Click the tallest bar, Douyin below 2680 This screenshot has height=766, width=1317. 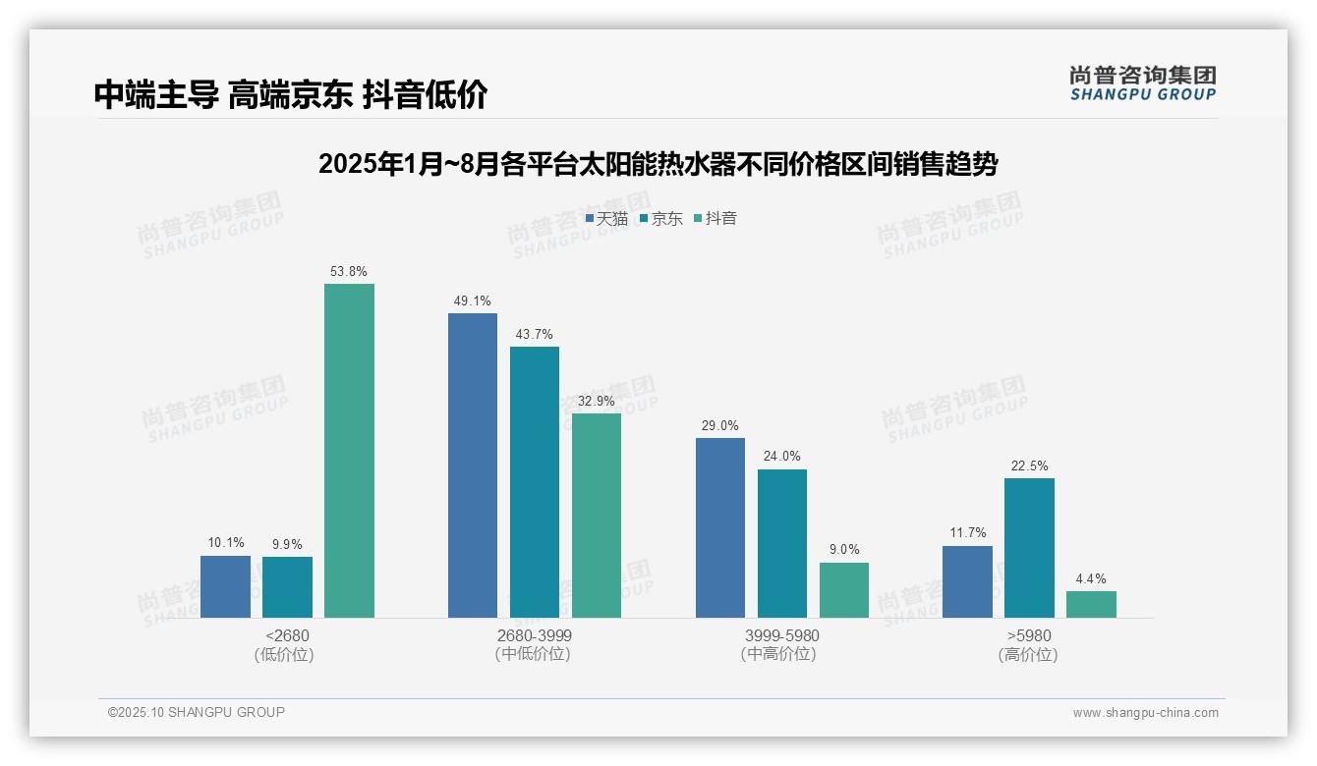[x=349, y=451]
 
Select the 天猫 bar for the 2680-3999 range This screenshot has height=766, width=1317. [x=473, y=465]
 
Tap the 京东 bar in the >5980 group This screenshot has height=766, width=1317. [x=1029, y=548]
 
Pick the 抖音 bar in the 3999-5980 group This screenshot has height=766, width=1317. [x=844, y=590]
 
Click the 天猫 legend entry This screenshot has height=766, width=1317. [x=606, y=219]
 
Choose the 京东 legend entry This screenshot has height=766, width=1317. [x=661, y=219]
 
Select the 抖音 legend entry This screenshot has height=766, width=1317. [x=716, y=219]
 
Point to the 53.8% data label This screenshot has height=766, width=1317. [x=350, y=272]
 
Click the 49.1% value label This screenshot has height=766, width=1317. [x=473, y=301]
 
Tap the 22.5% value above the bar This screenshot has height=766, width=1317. [x=1029, y=466]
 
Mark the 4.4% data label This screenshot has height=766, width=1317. [x=1091, y=579]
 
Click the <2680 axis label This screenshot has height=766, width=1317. [x=287, y=636]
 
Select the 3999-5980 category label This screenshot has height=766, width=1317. [x=781, y=636]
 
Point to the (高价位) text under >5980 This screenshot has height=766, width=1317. [x=1028, y=655]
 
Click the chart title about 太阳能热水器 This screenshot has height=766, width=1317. [x=658, y=164]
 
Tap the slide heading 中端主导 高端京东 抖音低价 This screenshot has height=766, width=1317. [x=291, y=94]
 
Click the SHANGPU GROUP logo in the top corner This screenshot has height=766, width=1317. [x=1142, y=82]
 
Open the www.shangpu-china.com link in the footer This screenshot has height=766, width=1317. [x=1145, y=713]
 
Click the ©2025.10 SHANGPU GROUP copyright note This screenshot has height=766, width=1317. [x=197, y=713]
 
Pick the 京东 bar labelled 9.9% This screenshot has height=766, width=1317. [x=287, y=587]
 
